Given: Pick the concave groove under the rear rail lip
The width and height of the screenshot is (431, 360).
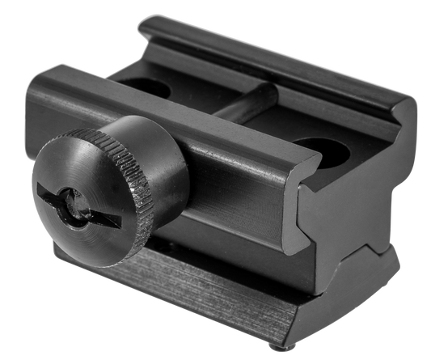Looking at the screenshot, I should (x=267, y=77).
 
